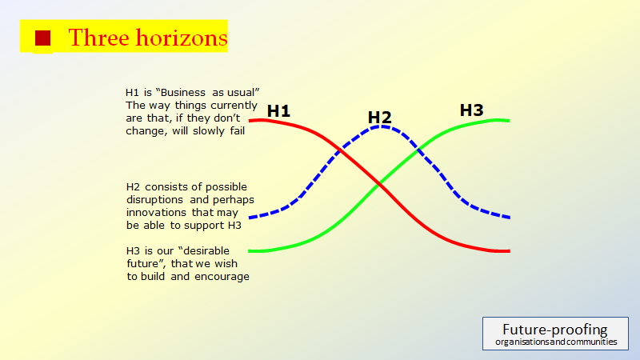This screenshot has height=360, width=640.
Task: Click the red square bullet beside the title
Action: [42, 38]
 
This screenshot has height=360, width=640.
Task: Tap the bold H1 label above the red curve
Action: [278, 111]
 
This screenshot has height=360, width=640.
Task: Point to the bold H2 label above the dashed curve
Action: [379, 118]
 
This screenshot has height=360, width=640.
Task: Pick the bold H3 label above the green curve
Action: [471, 110]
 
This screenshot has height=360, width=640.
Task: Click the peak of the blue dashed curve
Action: [383, 126]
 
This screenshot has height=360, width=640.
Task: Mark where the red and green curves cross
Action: [379, 186]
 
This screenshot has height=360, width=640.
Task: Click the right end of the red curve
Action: [508, 251]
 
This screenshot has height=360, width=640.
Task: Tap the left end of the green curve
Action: [250, 250]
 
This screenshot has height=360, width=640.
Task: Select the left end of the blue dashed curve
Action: [251, 217]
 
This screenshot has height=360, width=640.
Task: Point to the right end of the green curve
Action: [508, 121]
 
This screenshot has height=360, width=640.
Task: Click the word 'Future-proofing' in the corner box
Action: [554, 329]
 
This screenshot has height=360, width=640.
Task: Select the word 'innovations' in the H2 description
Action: [157, 212]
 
